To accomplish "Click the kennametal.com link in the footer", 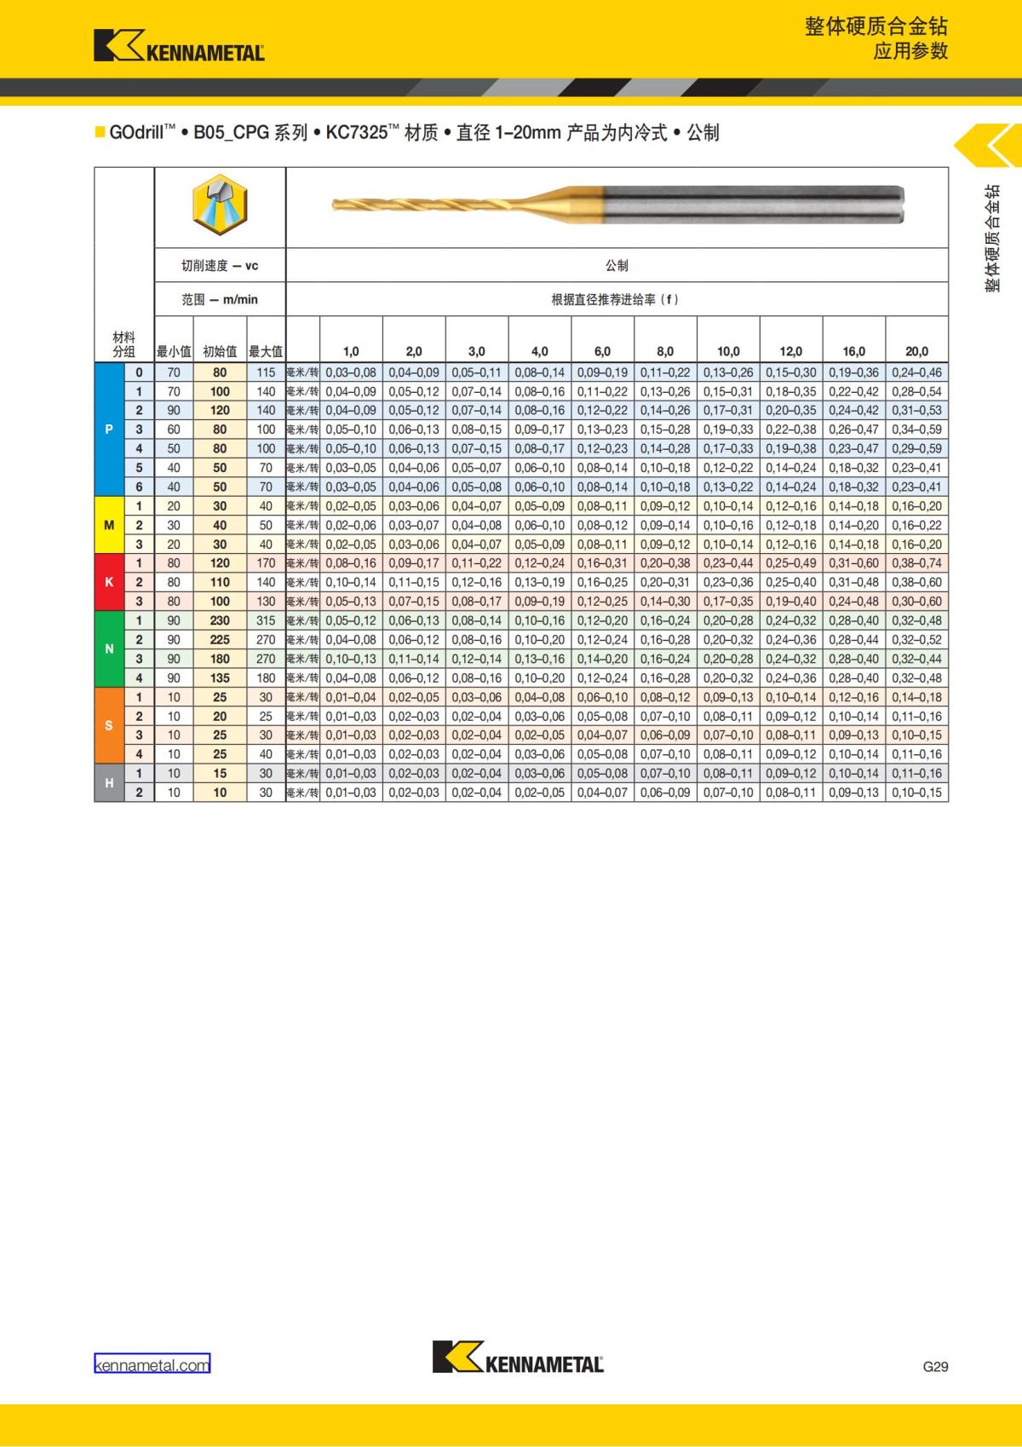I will [152, 1365].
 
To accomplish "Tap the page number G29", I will [935, 1366].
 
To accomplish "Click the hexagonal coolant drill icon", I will [220, 206].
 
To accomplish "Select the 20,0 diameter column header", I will [916, 351].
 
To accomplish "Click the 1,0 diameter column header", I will [351, 351].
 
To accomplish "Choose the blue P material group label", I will [109, 429].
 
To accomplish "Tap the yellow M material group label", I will [109, 525].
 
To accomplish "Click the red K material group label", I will [109, 582].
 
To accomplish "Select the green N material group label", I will [109, 649].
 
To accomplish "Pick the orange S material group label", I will [109, 726].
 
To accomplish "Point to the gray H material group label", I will [109, 783].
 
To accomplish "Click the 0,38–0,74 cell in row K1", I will [916, 563].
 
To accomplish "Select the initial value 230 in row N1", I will [220, 621].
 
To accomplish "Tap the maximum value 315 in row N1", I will [266, 621].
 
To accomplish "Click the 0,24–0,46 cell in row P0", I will [916, 372].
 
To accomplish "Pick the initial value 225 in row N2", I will [220, 640].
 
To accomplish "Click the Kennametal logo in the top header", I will [179, 46].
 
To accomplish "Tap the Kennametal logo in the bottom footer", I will [518, 1358].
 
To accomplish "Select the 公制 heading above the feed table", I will [617, 266].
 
